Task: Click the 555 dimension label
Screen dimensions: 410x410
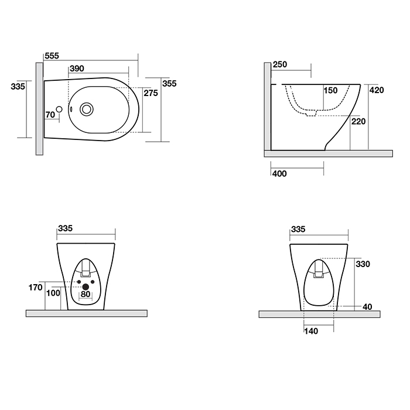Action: tap(52, 56)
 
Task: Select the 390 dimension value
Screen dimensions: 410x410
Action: tap(77, 69)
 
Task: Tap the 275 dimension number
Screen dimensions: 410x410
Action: tap(151, 93)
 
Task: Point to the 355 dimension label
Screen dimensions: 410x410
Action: tap(169, 83)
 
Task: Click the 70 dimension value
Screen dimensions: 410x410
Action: tap(50, 115)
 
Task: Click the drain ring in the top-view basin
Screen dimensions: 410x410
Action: tap(86, 109)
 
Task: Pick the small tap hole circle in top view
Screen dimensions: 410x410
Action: tap(59, 110)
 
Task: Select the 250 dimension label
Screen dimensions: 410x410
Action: tap(280, 64)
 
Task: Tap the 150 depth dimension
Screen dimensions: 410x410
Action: tap(331, 90)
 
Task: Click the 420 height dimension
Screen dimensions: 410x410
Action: tap(377, 90)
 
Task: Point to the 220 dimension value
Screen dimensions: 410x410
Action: tap(358, 121)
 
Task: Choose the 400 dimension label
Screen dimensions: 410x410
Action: tap(279, 173)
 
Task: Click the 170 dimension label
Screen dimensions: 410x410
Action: tap(35, 288)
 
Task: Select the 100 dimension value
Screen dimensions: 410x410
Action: tap(53, 293)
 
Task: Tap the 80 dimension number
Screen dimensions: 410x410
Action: tap(86, 294)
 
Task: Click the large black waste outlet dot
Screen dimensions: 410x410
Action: tap(86, 287)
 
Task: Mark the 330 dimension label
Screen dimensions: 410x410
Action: tap(363, 264)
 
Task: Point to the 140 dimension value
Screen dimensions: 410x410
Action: tap(311, 332)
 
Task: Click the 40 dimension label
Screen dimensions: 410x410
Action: tap(367, 307)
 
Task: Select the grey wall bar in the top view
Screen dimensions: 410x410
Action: tap(39, 109)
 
